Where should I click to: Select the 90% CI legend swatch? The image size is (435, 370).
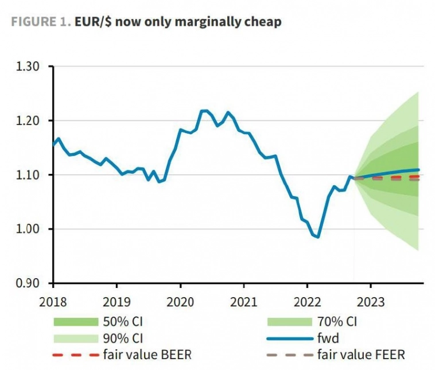(x=75, y=338)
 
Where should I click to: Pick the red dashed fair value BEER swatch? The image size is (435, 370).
(x=75, y=355)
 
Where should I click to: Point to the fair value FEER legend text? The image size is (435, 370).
(x=361, y=355)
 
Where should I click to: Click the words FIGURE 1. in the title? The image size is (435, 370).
(x=41, y=22)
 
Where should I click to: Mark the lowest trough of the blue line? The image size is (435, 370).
(x=317, y=237)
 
